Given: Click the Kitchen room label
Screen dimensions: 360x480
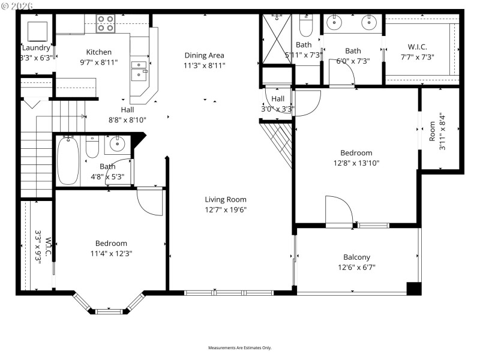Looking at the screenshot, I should click(x=98, y=52).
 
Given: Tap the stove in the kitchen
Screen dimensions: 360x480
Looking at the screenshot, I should click(x=106, y=23).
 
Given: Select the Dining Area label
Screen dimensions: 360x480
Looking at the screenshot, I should click(x=204, y=55).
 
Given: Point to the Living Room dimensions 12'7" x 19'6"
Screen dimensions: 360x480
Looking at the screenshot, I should click(x=226, y=209).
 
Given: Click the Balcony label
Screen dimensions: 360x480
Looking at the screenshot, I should click(x=356, y=257).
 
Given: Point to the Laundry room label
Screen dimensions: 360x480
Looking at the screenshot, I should click(x=36, y=48).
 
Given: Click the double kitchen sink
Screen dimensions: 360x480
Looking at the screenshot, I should click(x=140, y=70).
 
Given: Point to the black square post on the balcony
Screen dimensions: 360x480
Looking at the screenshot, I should click(x=414, y=288).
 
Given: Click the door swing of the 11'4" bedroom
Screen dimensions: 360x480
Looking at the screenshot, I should click(x=149, y=201).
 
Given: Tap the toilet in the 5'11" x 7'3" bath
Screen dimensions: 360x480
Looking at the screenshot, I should click(x=305, y=26).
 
